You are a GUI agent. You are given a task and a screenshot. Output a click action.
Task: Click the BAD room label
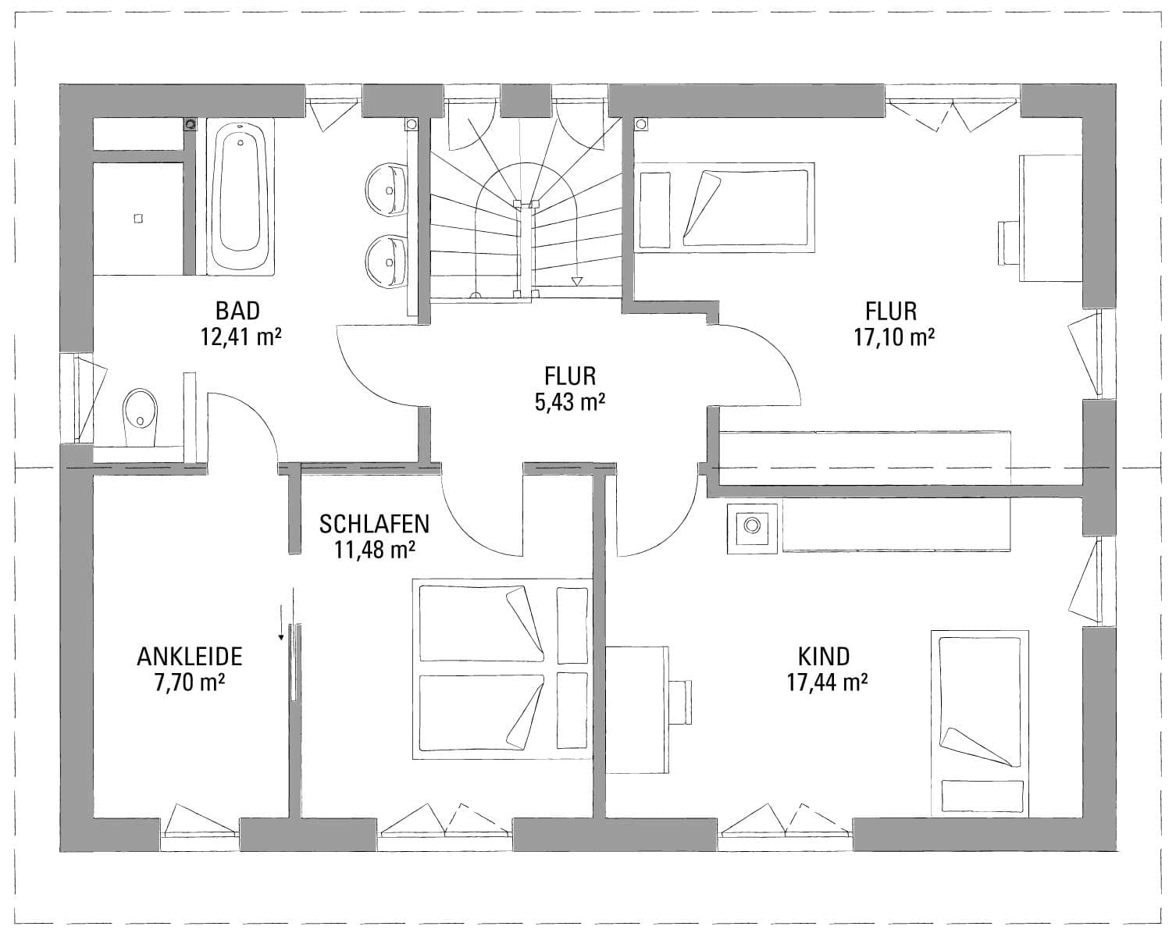[x=237, y=311]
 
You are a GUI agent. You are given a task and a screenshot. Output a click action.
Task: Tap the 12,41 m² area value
[x=241, y=337]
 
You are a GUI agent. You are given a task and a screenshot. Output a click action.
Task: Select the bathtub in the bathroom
[x=241, y=197]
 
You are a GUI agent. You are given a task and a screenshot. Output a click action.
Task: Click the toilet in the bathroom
[x=141, y=416]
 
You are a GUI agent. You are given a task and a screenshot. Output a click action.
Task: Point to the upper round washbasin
[x=387, y=189]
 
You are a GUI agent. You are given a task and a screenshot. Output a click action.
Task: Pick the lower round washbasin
[x=387, y=261]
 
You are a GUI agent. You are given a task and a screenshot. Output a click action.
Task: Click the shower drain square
[x=138, y=219]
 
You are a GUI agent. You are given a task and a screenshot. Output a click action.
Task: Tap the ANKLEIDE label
[x=190, y=657]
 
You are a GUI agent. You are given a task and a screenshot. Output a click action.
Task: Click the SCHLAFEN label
[x=374, y=525]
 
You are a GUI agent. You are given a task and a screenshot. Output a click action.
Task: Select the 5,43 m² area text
[x=570, y=402]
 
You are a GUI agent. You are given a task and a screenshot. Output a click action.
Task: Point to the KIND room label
[x=824, y=657]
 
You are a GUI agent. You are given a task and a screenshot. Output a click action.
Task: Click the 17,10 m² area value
[x=894, y=337]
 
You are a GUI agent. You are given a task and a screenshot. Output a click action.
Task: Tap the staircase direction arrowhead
[x=576, y=281]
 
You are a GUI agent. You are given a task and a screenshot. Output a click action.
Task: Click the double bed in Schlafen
[x=502, y=668]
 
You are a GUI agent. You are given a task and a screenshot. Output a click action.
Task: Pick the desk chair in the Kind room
[x=680, y=702]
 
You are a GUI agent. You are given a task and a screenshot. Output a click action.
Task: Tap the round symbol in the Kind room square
[x=752, y=526]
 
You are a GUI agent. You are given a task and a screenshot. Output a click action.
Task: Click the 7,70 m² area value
[x=190, y=683]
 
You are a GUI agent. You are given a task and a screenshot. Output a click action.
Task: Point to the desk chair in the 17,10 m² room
[x=1009, y=243]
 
